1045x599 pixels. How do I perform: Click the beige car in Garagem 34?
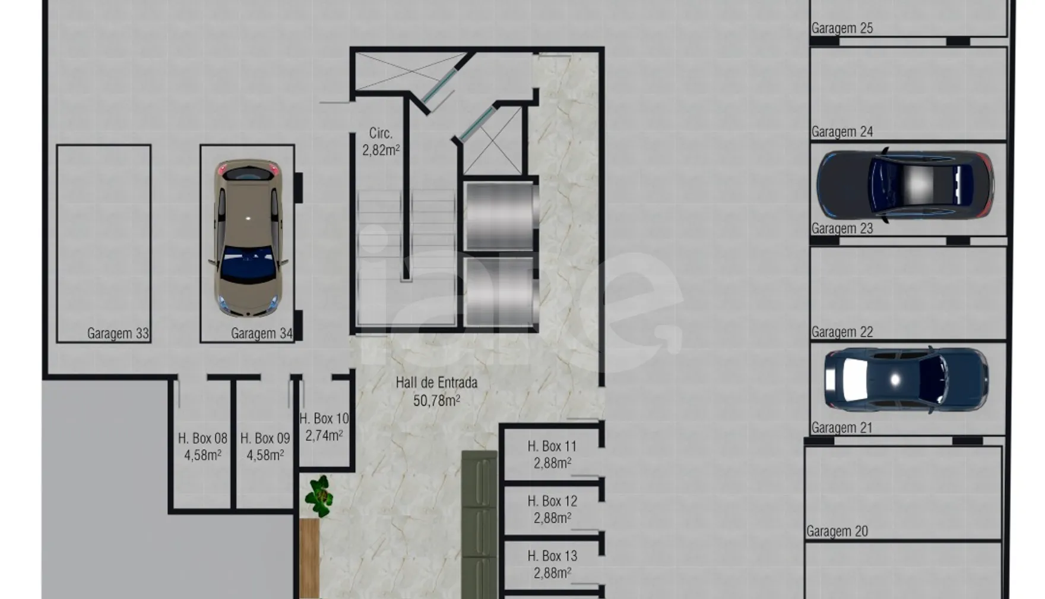coord(248,238)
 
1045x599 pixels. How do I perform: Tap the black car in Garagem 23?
coord(905,185)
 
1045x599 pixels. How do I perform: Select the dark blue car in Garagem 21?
coord(906,380)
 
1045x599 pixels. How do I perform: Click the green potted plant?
coord(319,496)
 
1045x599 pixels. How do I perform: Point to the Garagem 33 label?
coord(118,333)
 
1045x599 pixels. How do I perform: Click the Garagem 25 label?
coord(842,28)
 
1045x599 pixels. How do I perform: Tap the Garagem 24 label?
coord(842,131)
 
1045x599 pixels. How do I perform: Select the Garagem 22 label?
coord(842,332)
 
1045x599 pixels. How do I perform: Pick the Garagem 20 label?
coord(837,531)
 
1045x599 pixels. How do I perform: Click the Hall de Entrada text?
coord(436,383)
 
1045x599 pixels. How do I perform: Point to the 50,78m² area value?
coord(436,401)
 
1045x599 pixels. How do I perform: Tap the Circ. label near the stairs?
coord(381,133)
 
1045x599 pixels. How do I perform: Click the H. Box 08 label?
coord(202,439)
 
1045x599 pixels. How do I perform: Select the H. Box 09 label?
coord(265,439)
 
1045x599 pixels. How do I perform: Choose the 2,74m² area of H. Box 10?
coord(324,436)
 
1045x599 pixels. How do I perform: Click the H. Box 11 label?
coord(552,446)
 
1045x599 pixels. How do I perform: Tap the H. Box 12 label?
coord(552,501)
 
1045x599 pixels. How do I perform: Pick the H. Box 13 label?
coord(552,556)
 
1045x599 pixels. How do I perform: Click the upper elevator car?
coord(501,216)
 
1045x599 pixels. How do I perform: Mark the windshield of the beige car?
coord(248,263)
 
